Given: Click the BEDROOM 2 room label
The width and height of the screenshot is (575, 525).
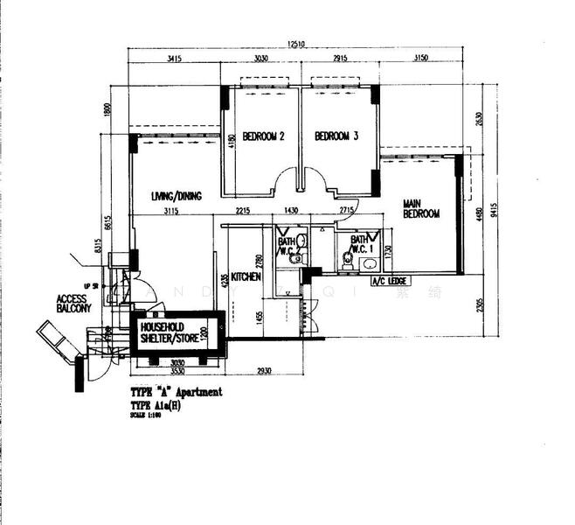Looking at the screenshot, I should pyautogui.click(x=263, y=136).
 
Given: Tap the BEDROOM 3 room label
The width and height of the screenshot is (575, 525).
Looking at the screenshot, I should pyautogui.click(x=336, y=136).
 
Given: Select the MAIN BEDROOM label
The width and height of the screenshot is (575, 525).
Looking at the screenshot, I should pyautogui.click(x=420, y=209).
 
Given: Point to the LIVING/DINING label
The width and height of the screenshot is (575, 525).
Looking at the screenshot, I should pyautogui.click(x=175, y=196).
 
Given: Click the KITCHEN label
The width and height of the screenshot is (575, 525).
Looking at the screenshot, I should pyautogui.click(x=246, y=276).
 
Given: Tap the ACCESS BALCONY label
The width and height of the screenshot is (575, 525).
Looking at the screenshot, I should pyautogui.click(x=74, y=303).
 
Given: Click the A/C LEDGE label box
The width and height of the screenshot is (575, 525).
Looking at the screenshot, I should pyautogui.click(x=389, y=281).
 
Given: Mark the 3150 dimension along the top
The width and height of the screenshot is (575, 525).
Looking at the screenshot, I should pyautogui.click(x=421, y=59).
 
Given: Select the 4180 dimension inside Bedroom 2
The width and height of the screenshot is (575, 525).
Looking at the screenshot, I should pyautogui.click(x=231, y=141).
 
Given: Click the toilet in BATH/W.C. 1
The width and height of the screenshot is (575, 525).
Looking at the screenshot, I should pyautogui.click(x=348, y=259).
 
